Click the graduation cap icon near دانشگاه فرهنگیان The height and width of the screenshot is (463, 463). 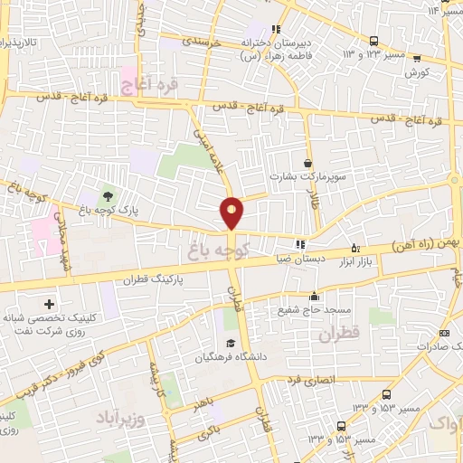pos(231,343)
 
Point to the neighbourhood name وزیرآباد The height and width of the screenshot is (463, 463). pos(117,420)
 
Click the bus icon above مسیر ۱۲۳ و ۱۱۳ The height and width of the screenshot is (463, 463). pos(374,41)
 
